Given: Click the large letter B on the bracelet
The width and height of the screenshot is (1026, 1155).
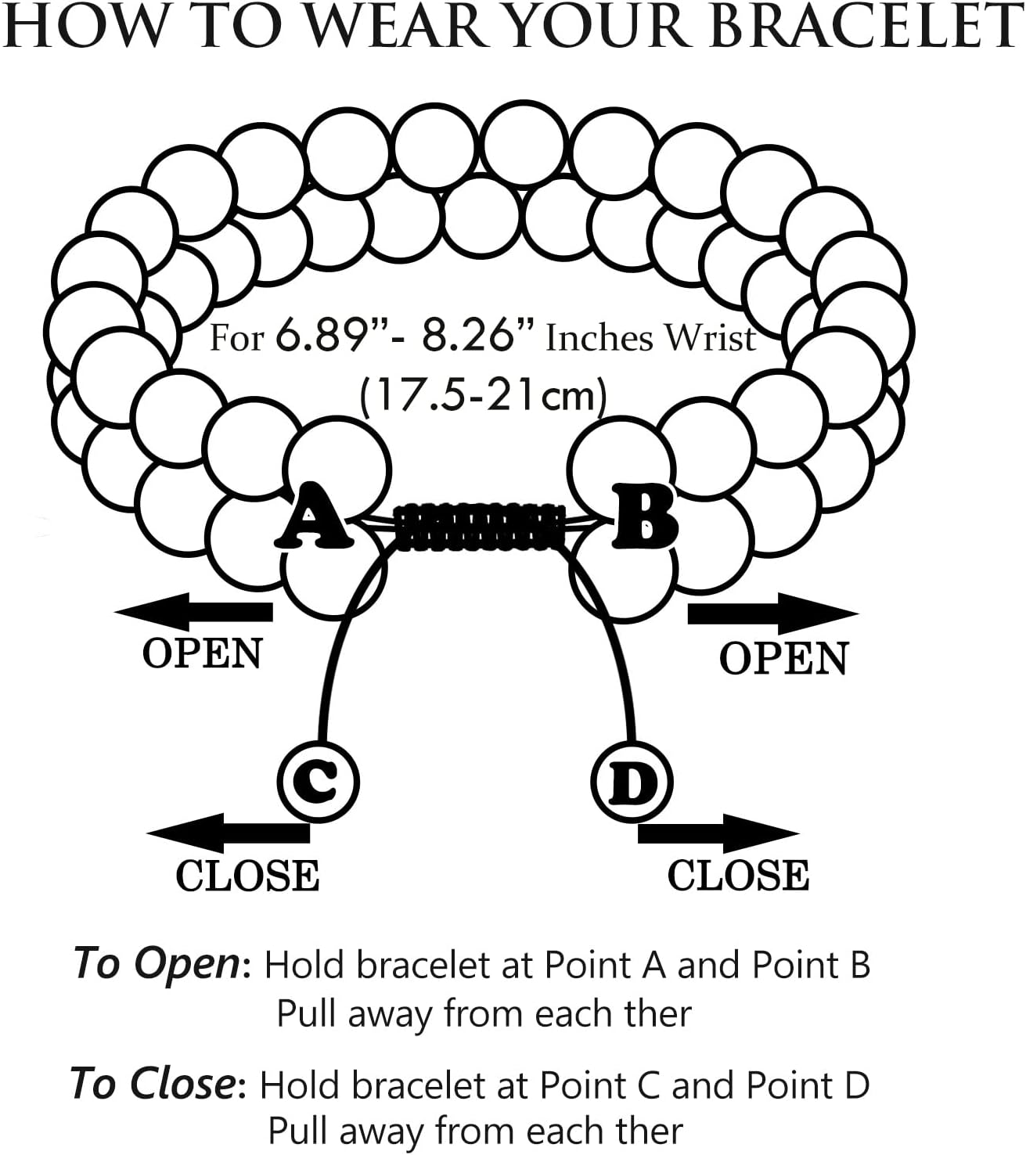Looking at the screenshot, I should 644,516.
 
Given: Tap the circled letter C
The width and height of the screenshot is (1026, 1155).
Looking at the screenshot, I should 318,779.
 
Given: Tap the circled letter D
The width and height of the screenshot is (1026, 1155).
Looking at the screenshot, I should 632,782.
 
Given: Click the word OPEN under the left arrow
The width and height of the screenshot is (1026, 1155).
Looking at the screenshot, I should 202,653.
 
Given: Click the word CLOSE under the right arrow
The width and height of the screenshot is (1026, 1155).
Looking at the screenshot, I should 738,876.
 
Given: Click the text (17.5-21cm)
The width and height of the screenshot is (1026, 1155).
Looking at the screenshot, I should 483,396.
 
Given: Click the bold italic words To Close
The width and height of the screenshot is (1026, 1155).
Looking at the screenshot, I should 153,1084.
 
